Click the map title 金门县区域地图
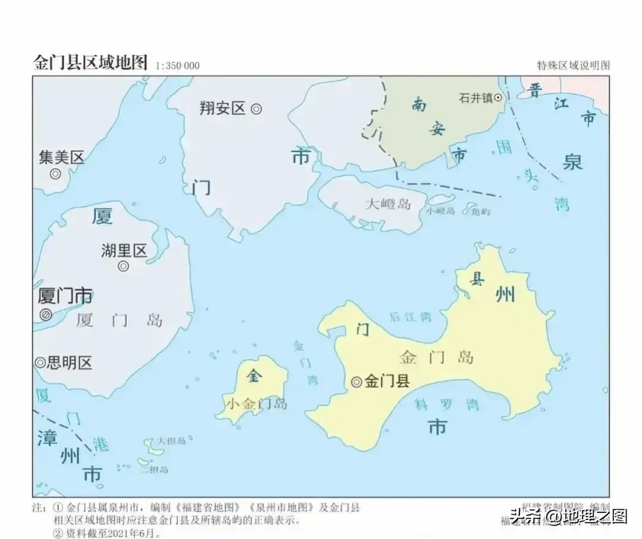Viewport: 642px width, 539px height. pyautogui.click(x=90, y=63)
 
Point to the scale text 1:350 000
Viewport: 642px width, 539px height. pyautogui.click(x=177, y=66)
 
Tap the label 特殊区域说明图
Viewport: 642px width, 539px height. pyautogui.click(x=573, y=65)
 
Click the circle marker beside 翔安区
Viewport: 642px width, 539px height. pyautogui.click(x=256, y=109)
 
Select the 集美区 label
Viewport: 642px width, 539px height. pyautogui.click(x=62, y=157)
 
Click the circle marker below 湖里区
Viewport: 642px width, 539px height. pyautogui.click(x=123, y=266)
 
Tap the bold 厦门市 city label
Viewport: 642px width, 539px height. pyautogui.click(x=65, y=296)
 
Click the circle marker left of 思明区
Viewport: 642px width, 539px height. pyautogui.click(x=40, y=363)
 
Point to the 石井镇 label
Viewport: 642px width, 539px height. pyautogui.click(x=475, y=98)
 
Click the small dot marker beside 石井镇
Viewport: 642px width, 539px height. pyautogui.click(x=498, y=98)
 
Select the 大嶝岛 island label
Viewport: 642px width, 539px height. pyautogui.click(x=388, y=204)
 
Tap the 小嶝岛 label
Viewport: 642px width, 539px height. pyautogui.click(x=440, y=211)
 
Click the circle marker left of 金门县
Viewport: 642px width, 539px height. pyautogui.click(x=356, y=382)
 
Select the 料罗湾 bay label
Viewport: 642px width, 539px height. pyautogui.click(x=447, y=405)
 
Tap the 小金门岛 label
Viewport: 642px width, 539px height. pyautogui.click(x=257, y=404)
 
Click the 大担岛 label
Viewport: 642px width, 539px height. pyautogui.click(x=171, y=441)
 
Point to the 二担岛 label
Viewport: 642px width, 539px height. pyautogui.click(x=154, y=470)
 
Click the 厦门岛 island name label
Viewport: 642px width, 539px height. pyautogui.click(x=119, y=321)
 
